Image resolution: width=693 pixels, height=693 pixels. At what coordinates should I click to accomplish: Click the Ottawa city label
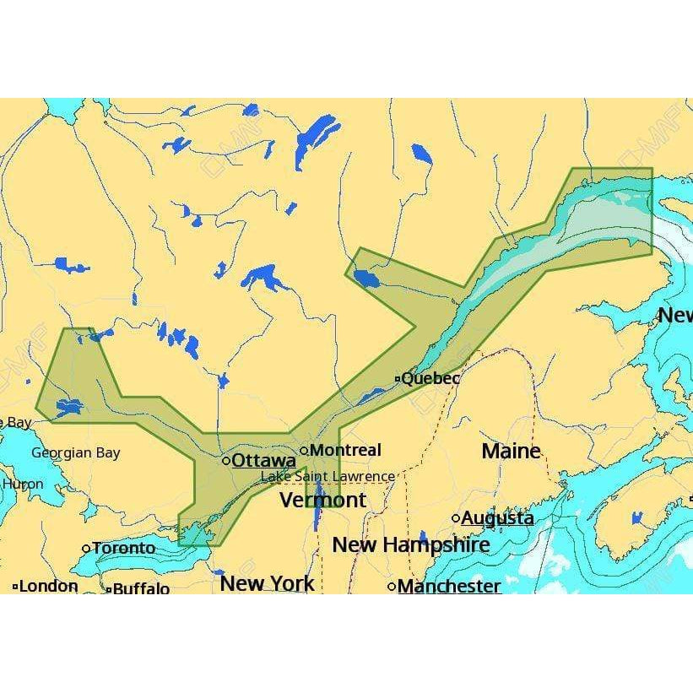point(263,461)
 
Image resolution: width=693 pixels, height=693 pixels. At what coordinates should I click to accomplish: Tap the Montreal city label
point(346,451)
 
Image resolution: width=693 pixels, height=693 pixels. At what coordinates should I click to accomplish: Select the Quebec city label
point(430,379)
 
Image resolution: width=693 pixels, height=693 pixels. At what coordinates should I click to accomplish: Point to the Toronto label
point(124,548)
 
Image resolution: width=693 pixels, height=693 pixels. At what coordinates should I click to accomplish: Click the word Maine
point(511,452)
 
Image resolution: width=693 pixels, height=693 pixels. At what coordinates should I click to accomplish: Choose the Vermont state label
point(322,500)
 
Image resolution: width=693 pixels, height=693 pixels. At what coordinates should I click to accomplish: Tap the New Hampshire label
point(410,544)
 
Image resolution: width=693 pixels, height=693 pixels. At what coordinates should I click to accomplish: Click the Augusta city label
point(497,517)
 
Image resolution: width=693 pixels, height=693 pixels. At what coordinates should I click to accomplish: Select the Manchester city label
point(449,585)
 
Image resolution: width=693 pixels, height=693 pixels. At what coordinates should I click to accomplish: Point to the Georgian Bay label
point(76,453)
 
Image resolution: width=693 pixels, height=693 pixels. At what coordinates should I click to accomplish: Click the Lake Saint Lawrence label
point(328,477)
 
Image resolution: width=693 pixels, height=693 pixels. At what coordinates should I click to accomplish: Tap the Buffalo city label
point(141,588)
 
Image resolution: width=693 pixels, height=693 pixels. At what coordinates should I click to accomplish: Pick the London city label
point(48,585)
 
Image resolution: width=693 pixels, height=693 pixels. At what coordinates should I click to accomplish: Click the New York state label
point(267,582)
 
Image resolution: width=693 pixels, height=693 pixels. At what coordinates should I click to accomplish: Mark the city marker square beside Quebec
point(398,380)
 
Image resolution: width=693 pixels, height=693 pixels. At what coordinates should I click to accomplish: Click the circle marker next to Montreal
point(304,451)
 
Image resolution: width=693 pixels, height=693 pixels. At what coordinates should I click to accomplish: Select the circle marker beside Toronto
point(85,548)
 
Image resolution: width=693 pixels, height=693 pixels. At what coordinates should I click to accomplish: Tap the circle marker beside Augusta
point(456,518)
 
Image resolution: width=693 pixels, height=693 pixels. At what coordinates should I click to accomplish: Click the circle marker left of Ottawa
point(225,461)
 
